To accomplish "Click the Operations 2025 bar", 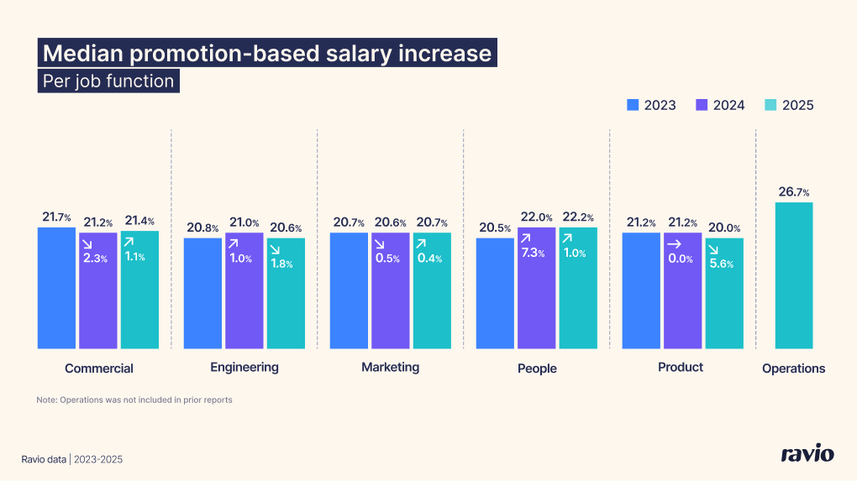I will tap(793, 275).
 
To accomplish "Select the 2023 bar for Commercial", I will tap(56, 288).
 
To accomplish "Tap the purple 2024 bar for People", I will tap(536, 288).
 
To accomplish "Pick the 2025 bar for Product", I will tap(723, 293).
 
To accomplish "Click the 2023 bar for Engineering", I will tap(202, 293).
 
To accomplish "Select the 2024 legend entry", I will tap(720, 105).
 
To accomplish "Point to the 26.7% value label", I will tap(793, 192).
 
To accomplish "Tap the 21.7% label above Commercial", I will tap(56, 217).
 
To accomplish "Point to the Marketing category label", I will tap(390, 368).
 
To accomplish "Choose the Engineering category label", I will tap(244, 368).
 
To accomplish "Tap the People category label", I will tap(537, 369).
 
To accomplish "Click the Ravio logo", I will tap(807, 454).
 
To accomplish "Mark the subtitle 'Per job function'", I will tap(108, 81).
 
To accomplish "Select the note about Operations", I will tap(134, 400).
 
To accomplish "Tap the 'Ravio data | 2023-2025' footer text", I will tap(76, 459).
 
